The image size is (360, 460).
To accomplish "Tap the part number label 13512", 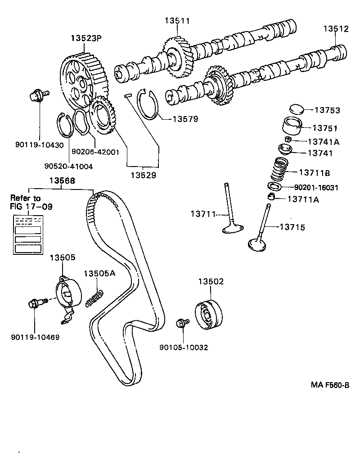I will click(x=336, y=29).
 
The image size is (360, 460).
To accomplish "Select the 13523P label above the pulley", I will click(x=85, y=39).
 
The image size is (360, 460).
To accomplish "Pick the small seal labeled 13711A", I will click(x=271, y=196).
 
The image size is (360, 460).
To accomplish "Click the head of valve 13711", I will click(x=234, y=230).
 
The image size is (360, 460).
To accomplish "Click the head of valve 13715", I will click(x=257, y=244).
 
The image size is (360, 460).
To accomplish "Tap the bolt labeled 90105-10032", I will click(x=183, y=323).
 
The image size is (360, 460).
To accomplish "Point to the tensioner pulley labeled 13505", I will click(x=67, y=295).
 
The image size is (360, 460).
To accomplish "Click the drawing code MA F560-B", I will click(x=330, y=385).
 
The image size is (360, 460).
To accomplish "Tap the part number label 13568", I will click(x=62, y=181).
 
